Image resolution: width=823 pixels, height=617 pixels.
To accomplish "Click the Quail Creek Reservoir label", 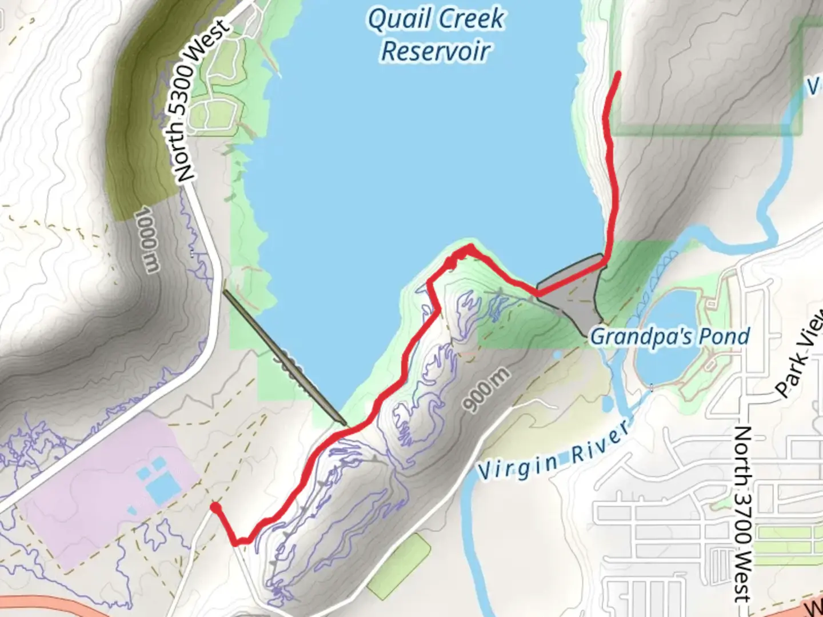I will click(x=436, y=34).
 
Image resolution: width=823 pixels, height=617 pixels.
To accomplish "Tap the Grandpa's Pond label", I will click(x=670, y=336).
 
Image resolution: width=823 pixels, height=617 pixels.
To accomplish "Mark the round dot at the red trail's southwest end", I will click(x=215, y=507).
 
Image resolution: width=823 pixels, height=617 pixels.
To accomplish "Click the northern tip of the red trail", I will click(x=618, y=74).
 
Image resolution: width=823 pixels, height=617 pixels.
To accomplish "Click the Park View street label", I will click(x=799, y=354).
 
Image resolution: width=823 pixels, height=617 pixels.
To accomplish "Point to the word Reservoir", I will click(x=436, y=51).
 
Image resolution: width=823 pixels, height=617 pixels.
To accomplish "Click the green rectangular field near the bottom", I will click(x=399, y=566).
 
